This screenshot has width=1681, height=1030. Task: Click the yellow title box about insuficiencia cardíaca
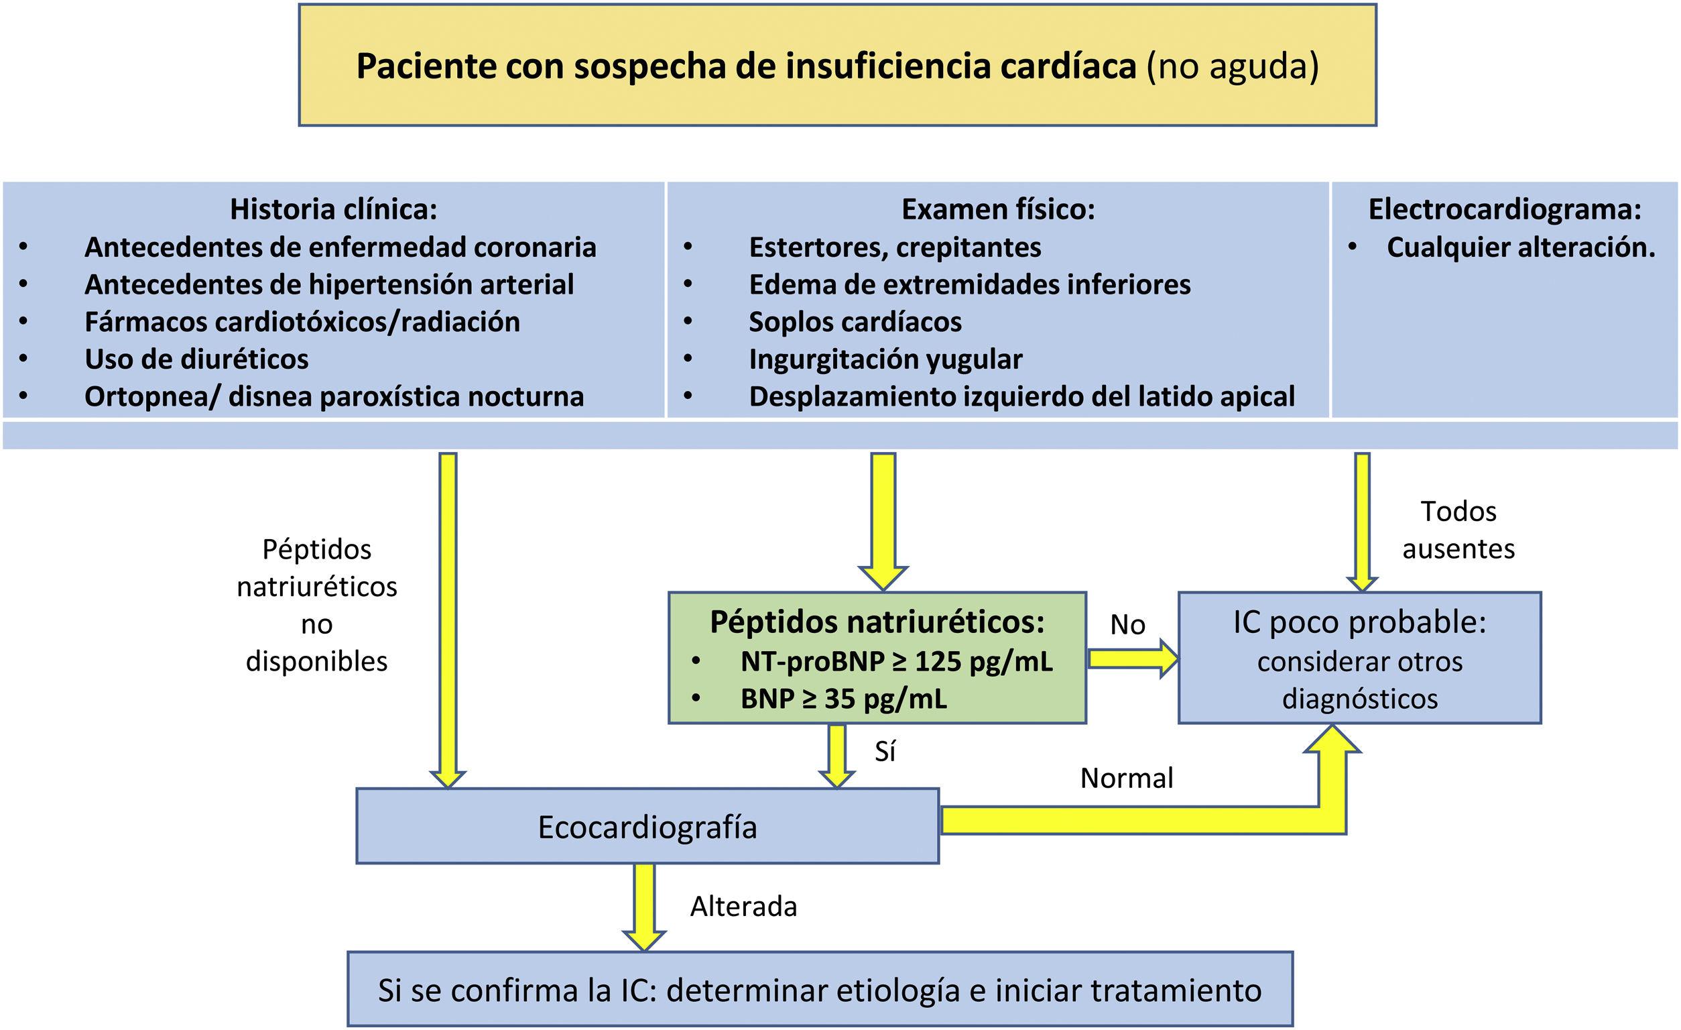[837, 66]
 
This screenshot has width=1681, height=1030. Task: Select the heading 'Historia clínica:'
[333, 209]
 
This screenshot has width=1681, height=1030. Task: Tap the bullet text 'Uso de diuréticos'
[196, 359]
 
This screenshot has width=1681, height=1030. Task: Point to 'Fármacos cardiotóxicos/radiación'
[302, 322]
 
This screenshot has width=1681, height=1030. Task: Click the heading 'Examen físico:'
[997, 209]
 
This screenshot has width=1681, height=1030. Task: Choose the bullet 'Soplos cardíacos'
[855, 322]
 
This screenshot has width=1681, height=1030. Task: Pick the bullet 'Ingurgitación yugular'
[885, 359]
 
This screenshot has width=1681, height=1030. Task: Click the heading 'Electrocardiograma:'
[1504, 209]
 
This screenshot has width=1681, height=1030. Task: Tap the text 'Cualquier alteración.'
[1521, 247]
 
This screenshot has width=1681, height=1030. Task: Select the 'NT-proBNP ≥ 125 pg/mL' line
[896, 661]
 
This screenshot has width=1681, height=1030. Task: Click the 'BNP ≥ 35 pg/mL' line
[843, 699]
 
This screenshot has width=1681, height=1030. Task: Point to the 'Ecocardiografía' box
[647, 827]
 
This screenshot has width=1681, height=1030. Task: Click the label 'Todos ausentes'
[1458, 530]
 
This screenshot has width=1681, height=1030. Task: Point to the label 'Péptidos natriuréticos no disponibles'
[316, 606]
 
